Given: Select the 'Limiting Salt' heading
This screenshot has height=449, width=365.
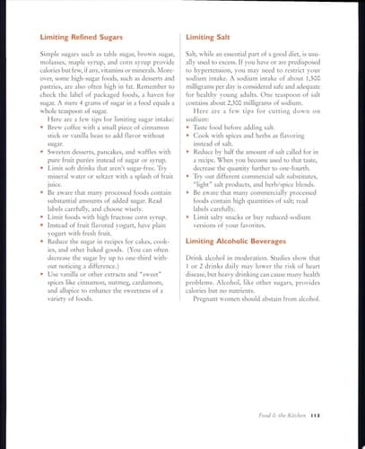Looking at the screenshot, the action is pos(208,37).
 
